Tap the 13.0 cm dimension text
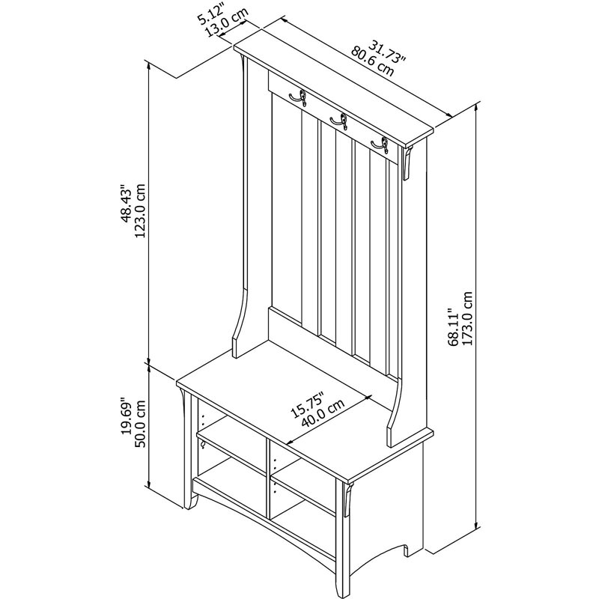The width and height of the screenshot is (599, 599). click(x=227, y=22)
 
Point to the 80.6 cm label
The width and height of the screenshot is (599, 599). click(x=372, y=61)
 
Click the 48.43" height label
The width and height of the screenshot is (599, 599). click(x=126, y=204)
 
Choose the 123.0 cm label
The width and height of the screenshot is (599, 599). click(x=140, y=211)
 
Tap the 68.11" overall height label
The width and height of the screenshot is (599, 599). click(x=454, y=327)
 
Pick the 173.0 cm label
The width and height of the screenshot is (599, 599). click(x=467, y=319)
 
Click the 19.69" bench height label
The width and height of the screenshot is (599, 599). click(x=127, y=418)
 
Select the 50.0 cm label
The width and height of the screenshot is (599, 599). click(x=140, y=424)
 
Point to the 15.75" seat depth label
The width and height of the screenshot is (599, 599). click(x=307, y=405)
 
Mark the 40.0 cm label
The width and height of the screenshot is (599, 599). click(x=323, y=413)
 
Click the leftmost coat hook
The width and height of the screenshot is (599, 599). click(x=299, y=98)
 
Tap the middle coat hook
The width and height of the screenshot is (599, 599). click(x=340, y=121)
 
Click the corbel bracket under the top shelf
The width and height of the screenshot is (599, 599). click(x=407, y=162)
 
